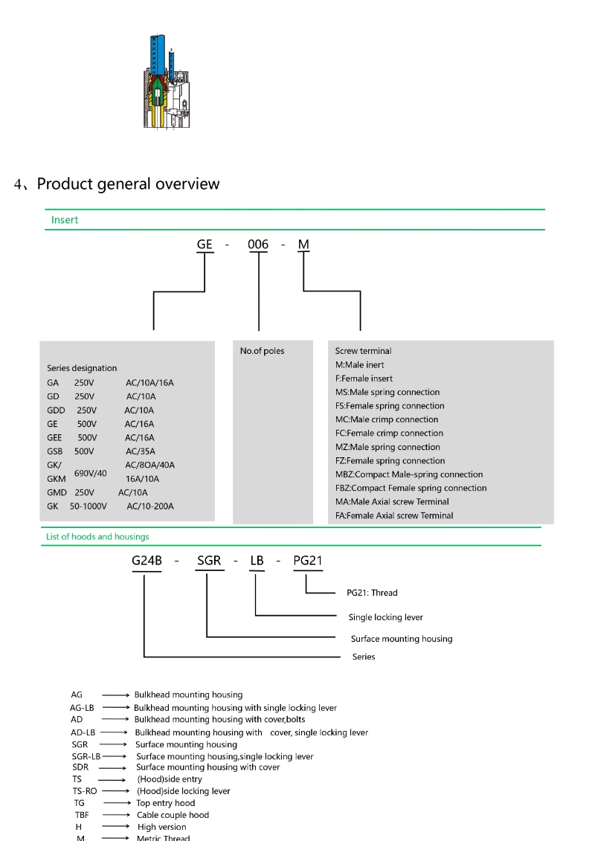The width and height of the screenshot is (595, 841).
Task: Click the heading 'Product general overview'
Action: [x=128, y=184]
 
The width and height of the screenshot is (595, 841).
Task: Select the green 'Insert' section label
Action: [x=65, y=220]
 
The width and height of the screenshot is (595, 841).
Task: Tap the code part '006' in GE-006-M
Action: [x=258, y=244]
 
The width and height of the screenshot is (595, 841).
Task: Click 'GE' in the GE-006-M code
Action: [x=205, y=244]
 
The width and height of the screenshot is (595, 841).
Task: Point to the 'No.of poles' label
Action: [x=262, y=351]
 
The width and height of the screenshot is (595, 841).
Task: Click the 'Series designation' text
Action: [x=82, y=368]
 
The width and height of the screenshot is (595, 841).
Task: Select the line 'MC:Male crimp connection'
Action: [x=387, y=419]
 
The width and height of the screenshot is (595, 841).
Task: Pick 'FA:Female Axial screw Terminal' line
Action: [x=394, y=515]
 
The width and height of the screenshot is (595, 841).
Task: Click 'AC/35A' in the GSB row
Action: [x=140, y=451]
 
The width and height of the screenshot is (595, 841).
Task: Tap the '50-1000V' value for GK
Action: [x=89, y=506]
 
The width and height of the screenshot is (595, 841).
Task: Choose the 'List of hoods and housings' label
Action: [x=97, y=537]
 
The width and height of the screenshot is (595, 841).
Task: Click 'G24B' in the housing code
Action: [x=147, y=561]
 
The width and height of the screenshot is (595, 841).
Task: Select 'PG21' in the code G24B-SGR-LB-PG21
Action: [x=308, y=561]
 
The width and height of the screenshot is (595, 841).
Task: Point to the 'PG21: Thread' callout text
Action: [x=372, y=593]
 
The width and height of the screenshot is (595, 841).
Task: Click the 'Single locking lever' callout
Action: [x=385, y=617]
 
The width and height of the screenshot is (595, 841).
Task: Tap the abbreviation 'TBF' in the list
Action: [x=82, y=815]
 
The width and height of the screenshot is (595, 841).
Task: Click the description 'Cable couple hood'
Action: [x=173, y=815]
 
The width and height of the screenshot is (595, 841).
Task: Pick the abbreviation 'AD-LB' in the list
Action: [x=83, y=732]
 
